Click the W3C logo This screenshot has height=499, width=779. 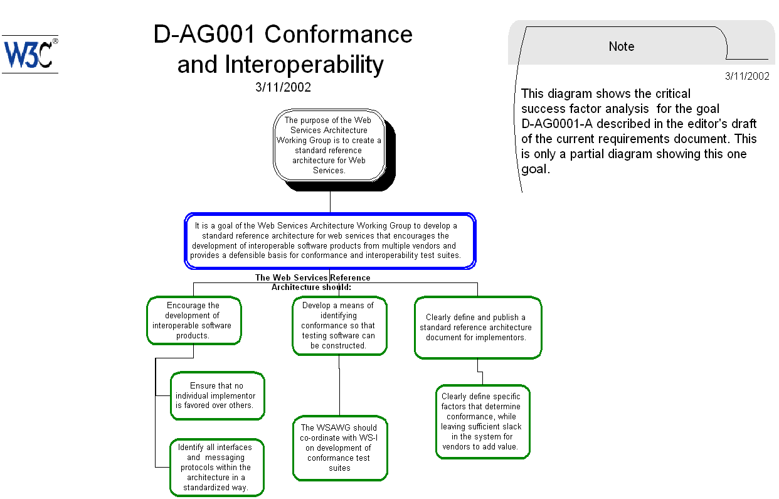(29, 54)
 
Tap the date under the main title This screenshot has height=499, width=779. (283, 87)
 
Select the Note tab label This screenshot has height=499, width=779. (621, 46)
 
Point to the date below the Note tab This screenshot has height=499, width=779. (746, 77)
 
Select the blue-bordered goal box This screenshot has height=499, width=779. (330, 241)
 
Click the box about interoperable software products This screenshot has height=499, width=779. (193, 321)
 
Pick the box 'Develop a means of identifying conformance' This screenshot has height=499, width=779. (339, 326)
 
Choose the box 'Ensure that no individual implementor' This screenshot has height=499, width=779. (216, 396)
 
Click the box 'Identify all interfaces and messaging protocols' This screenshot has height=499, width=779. (216, 468)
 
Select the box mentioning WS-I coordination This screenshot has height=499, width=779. (339, 448)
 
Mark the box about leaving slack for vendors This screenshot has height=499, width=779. (482, 422)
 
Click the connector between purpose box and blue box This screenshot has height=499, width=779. (330, 201)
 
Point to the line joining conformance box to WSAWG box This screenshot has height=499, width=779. (339, 386)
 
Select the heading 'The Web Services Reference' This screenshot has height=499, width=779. (312, 277)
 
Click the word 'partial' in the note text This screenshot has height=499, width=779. (572, 154)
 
